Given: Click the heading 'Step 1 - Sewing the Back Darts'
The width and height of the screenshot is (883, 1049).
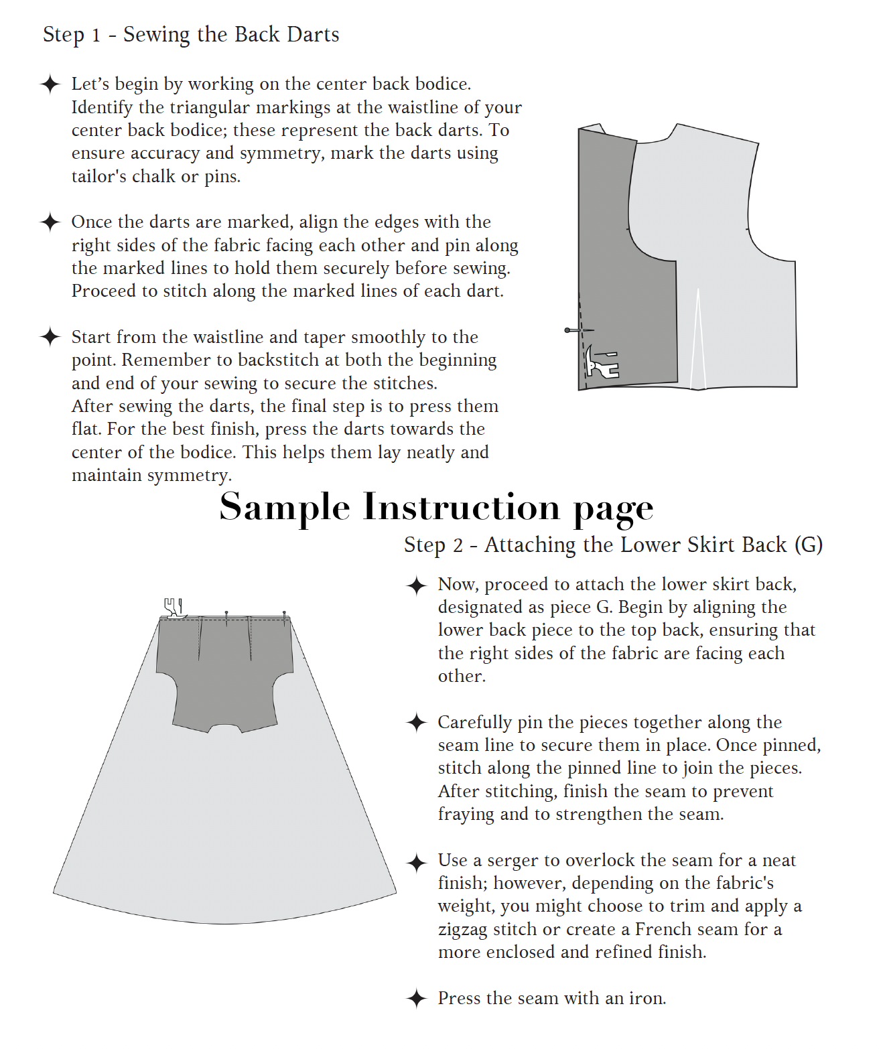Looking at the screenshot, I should click(191, 34).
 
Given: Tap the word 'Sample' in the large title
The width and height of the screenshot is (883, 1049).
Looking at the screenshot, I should click(285, 507).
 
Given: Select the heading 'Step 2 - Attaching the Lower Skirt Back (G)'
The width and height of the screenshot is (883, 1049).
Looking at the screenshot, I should click(612, 545).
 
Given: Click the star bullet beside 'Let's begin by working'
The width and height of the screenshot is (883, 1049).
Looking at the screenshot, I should click(50, 84).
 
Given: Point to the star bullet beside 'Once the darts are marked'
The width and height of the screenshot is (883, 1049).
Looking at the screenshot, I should click(50, 222).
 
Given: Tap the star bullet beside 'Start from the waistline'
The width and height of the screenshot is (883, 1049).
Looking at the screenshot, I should click(50, 337).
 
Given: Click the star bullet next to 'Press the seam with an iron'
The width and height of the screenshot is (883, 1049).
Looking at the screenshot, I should click(417, 999).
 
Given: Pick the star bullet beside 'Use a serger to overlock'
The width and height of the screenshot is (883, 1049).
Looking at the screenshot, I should click(417, 861).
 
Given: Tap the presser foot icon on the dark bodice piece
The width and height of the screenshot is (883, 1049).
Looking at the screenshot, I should click(601, 363).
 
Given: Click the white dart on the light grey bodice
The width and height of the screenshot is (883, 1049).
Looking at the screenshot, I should click(698, 342).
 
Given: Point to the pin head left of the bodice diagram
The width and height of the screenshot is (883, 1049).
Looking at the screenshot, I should click(568, 330).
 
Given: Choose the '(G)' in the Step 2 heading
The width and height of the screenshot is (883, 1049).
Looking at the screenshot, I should click(809, 545).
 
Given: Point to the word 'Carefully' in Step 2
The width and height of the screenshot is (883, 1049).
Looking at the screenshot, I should click(474, 723).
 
